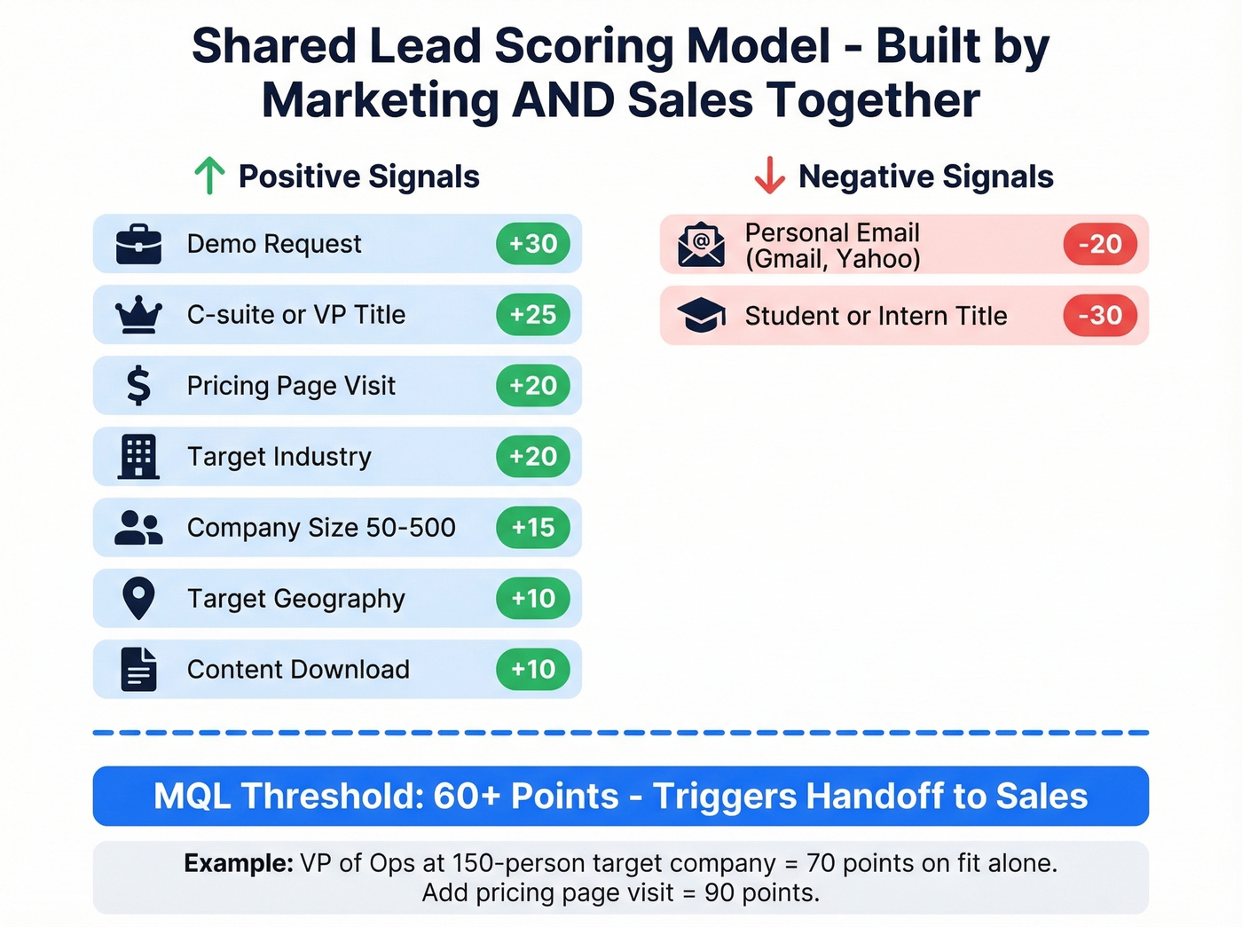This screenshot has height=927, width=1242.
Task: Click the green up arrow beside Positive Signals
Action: point(209,176)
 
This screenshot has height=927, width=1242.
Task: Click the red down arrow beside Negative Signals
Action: point(769,176)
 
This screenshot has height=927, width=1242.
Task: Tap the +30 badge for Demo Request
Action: point(533,244)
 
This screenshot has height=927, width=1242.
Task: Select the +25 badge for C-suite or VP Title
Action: point(533,315)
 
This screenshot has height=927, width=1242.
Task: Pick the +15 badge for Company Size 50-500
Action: point(533,528)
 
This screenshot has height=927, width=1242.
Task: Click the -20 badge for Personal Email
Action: point(1100,244)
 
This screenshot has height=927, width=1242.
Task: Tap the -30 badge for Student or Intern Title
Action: point(1100,315)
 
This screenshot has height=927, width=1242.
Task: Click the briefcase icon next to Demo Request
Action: point(138,245)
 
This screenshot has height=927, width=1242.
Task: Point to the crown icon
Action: point(138,315)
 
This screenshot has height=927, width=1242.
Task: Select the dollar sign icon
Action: point(138,386)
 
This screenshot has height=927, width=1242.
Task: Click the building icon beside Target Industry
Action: point(138,457)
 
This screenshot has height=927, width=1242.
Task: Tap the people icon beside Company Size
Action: point(138,528)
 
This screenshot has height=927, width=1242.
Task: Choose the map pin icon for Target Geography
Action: point(138,599)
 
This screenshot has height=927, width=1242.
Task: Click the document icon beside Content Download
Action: point(138,670)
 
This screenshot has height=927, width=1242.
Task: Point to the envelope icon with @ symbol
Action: point(701,245)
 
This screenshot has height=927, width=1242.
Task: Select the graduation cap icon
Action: point(701,315)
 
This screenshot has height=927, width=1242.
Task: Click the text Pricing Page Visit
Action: point(291,386)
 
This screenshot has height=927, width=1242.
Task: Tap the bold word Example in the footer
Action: point(238,863)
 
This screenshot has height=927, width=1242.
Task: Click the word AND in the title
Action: point(563,99)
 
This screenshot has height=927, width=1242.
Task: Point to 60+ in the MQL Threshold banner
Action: point(467,797)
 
